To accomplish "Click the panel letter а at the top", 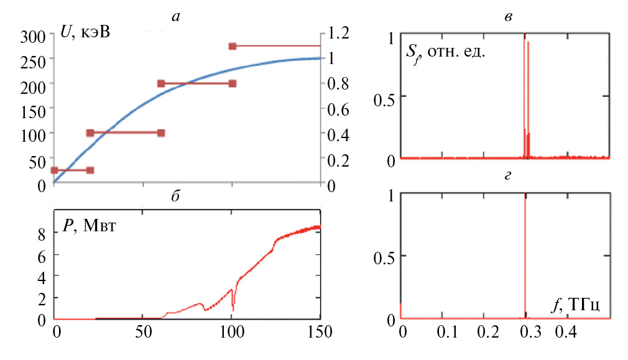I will (x=177, y=17).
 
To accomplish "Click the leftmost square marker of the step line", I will (x=54, y=170).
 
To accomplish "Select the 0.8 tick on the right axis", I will (x=339, y=84).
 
